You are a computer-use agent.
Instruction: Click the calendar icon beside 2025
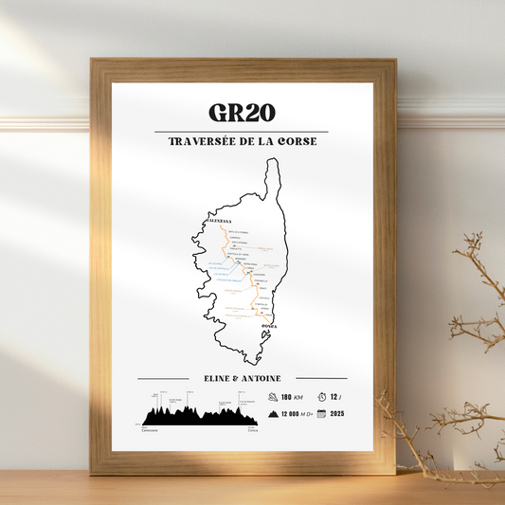click(321, 414)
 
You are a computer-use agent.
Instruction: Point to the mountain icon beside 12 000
click(273, 414)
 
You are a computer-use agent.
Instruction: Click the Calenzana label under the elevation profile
click(149, 429)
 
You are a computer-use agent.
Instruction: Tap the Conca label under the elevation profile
click(252, 429)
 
